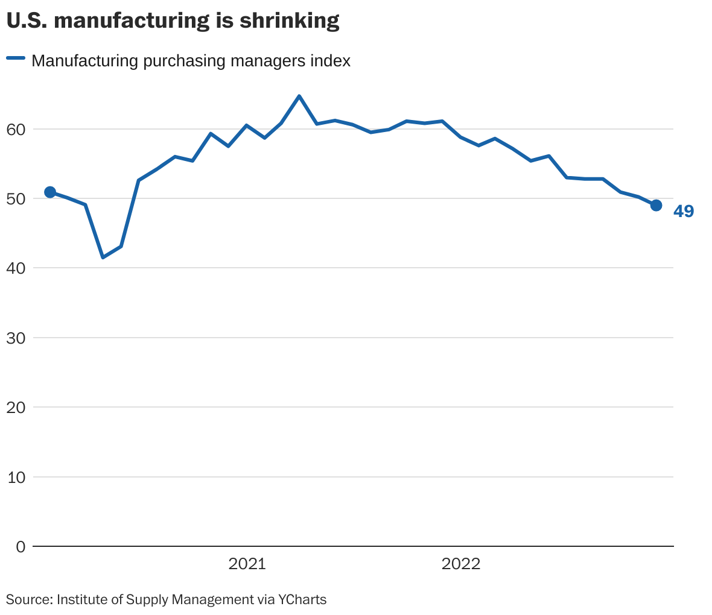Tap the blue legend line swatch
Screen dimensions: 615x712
(x=16, y=58)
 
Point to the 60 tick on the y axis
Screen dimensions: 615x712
(x=16, y=129)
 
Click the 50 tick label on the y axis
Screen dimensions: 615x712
(x=16, y=198)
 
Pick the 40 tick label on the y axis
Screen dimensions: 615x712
(x=16, y=268)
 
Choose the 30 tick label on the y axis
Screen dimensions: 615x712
(x=16, y=338)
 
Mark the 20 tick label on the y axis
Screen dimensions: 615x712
(x=16, y=407)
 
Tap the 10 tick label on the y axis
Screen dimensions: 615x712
(x=16, y=477)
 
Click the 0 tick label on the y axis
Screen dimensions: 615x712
(x=21, y=546)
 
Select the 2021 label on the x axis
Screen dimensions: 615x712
(x=247, y=564)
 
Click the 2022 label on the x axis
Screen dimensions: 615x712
(x=461, y=564)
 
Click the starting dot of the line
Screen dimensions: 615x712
(x=50, y=192)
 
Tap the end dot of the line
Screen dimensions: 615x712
(x=656, y=206)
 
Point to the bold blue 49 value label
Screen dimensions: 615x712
(x=684, y=212)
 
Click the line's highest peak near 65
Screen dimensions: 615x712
(x=299, y=96)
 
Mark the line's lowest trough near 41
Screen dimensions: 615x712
(x=103, y=257)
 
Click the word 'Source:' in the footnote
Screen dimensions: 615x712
(x=29, y=599)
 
